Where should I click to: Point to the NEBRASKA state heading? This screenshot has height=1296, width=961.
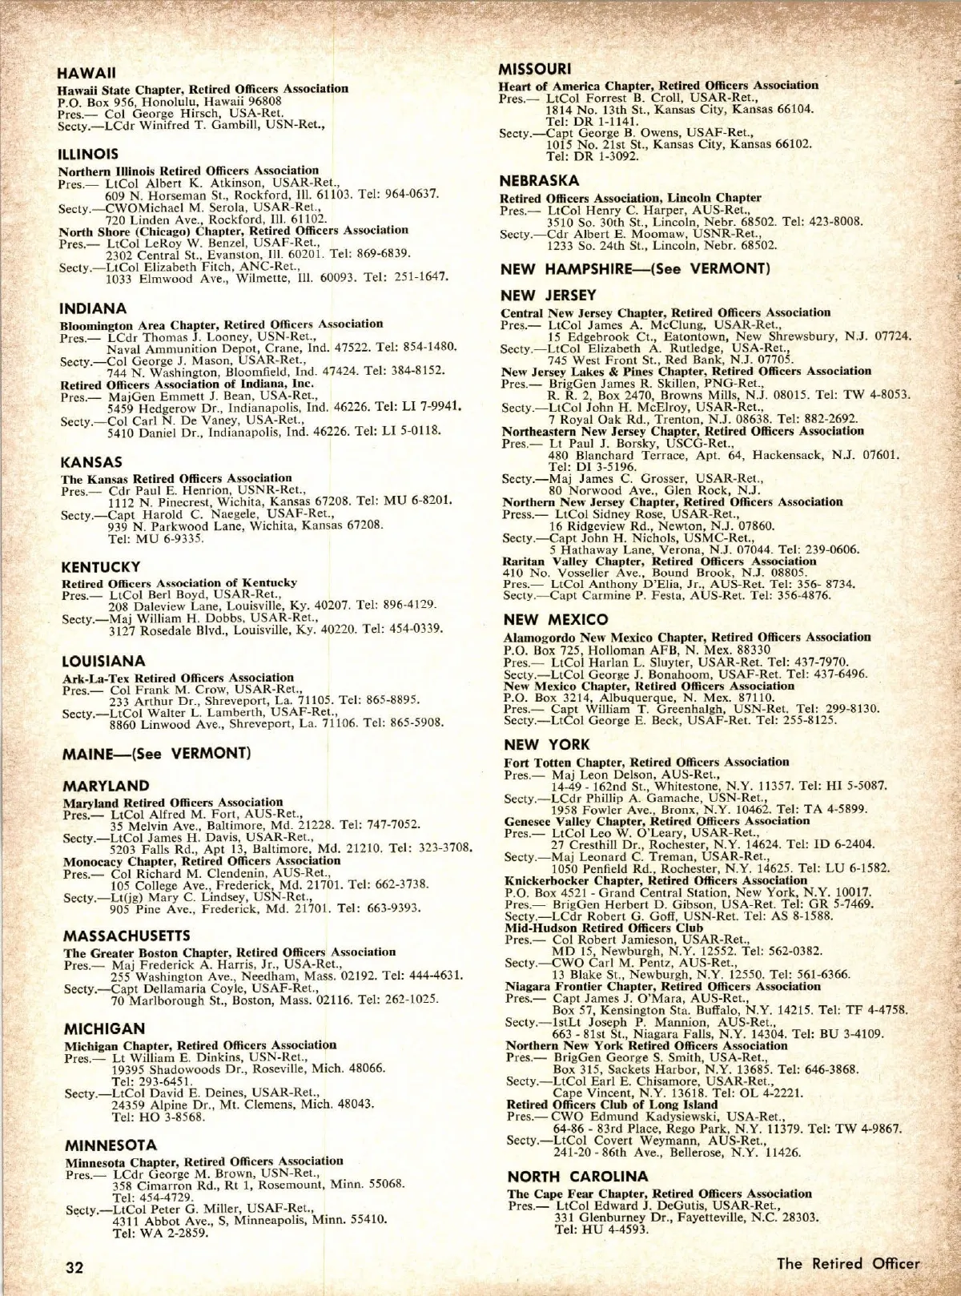coord(539,181)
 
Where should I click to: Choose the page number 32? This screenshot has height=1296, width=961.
coord(74,1268)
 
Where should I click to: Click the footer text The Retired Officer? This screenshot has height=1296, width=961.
coord(848,1263)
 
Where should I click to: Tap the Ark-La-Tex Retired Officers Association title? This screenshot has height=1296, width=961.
coord(178,678)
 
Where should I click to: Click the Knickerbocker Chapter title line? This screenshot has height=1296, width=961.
coord(656,880)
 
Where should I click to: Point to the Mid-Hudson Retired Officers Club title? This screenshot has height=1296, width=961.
coord(604,928)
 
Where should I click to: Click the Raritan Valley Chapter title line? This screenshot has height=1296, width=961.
coord(659,561)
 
